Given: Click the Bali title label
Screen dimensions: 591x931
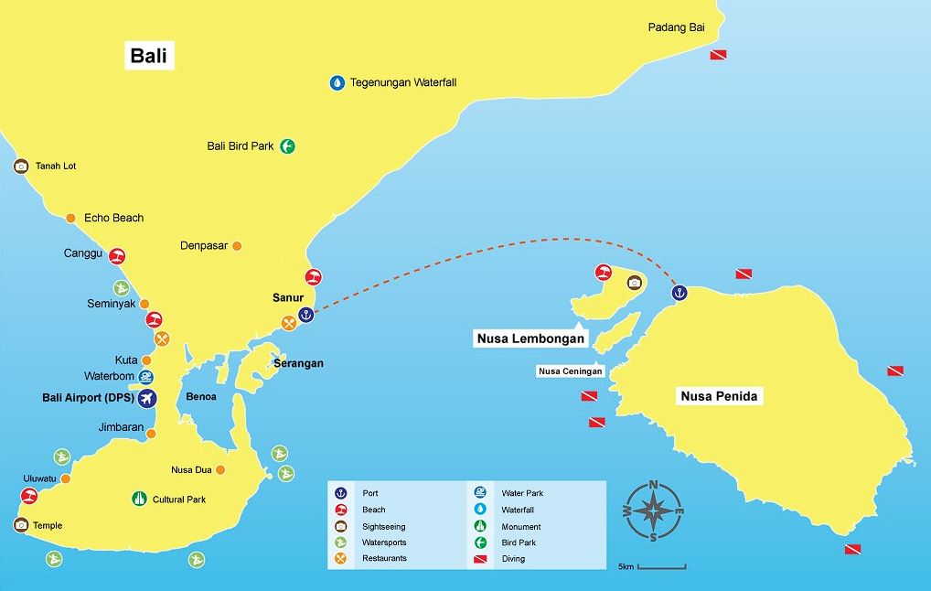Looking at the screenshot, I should [149, 56].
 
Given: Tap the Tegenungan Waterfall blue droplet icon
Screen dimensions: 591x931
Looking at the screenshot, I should [337, 83].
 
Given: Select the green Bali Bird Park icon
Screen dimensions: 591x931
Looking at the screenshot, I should [287, 145].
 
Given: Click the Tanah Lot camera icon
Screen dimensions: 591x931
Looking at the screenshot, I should [21, 167].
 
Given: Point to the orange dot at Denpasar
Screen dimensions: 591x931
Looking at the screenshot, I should [237, 246].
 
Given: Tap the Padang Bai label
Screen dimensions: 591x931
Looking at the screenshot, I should [676, 27].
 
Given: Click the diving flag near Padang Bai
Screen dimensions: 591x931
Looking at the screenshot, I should [720, 55].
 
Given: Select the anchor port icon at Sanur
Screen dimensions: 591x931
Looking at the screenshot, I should [306, 315].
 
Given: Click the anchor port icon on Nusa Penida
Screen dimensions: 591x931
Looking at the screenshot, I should [679, 293].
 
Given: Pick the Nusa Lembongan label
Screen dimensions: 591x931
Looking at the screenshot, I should [530, 338].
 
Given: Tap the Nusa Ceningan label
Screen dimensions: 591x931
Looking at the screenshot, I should [571, 371].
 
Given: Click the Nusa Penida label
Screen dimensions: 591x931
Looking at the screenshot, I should [721, 397].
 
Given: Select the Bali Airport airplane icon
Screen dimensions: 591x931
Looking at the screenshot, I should [146, 399].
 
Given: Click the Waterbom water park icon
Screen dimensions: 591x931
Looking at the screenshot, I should [146, 376].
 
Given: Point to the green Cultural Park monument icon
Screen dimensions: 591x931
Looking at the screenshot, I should [139, 500].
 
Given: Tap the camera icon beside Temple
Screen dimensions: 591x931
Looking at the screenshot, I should [21, 525].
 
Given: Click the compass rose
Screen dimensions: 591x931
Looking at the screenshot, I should [653, 510].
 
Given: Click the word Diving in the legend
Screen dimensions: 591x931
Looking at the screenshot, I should [513, 559].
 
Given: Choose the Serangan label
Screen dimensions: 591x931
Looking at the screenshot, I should [298, 364].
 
